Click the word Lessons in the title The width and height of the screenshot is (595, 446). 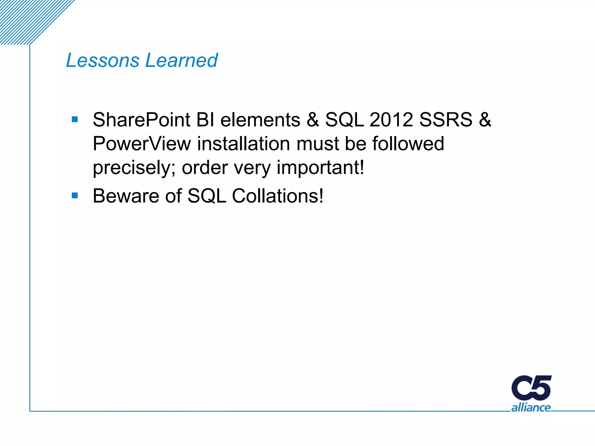coord(103,60)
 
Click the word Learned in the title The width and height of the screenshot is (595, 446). coord(181,60)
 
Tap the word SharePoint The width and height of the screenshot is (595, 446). coord(141,120)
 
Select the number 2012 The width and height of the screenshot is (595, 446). coord(391,120)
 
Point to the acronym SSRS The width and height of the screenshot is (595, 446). coord(446,120)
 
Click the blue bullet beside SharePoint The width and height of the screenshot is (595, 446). coord(75,119)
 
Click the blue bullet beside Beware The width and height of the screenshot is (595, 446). coord(75,195)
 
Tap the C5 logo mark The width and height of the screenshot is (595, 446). coord(531,388)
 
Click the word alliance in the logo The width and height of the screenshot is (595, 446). coord(531,407)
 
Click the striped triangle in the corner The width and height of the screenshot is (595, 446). coord(26,17)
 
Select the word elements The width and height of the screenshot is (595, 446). coord(260,120)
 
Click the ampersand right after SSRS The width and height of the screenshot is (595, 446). coord(485,120)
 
